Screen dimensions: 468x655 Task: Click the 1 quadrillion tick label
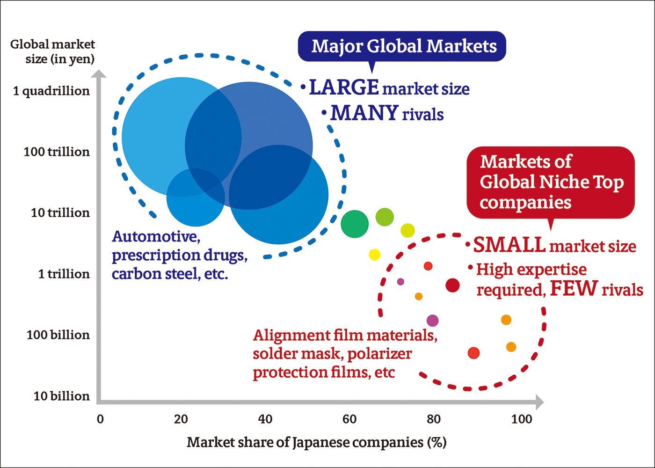tap(51, 91)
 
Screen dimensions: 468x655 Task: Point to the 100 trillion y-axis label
tap(57, 152)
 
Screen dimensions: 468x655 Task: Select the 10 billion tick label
tap(61, 396)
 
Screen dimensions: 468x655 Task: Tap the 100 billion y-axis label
tap(58, 335)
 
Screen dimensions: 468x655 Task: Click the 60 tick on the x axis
tap(349, 419)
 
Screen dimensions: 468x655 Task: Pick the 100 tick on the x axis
tap(522, 419)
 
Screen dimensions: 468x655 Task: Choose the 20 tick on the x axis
tap(181, 419)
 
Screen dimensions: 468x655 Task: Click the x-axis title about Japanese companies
tap(316, 442)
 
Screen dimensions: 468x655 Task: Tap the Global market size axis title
tap(52, 51)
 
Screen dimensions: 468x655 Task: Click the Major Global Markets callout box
tap(402, 46)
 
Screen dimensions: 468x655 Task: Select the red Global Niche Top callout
tap(551, 182)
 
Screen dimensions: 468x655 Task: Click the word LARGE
tap(344, 88)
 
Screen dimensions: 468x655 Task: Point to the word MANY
tap(364, 113)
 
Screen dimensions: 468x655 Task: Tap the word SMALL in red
tap(509, 245)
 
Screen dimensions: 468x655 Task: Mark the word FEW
tap(574, 289)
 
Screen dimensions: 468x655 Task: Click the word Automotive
tap(156, 236)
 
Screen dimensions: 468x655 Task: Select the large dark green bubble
tap(355, 224)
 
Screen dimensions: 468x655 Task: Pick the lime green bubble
tap(385, 217)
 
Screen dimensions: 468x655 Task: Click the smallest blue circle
tap(196, 197)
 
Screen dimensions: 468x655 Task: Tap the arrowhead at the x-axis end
tap(539, 402)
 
